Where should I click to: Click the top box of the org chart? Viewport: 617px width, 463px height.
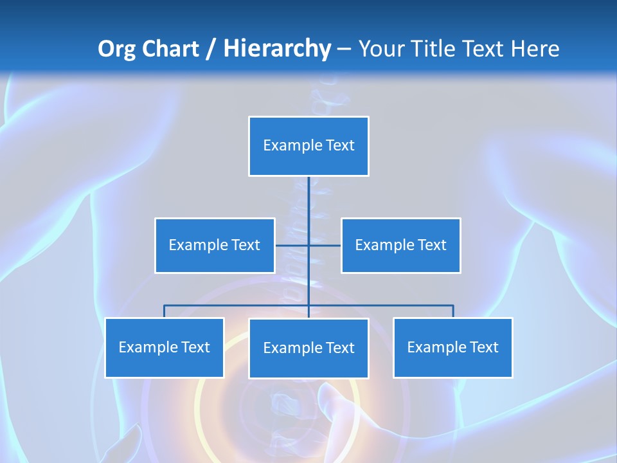(x=308, y=146)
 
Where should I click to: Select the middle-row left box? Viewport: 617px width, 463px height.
(x=215, y=245)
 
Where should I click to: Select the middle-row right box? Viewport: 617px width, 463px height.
(x=400, y=245)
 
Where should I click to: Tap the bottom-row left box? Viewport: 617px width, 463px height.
(x=164, y=347)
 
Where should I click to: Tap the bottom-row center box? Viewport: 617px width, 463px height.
(x=308, y=348)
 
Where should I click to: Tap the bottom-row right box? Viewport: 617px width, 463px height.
(x=452, y=347)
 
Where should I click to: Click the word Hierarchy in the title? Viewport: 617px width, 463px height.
(x=277, y=49)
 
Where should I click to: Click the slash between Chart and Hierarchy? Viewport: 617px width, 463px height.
(x=211, y=49)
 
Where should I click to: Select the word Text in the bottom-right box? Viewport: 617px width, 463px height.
(x=484, y=347)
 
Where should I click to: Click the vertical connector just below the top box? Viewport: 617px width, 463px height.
(x=308, y=193)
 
